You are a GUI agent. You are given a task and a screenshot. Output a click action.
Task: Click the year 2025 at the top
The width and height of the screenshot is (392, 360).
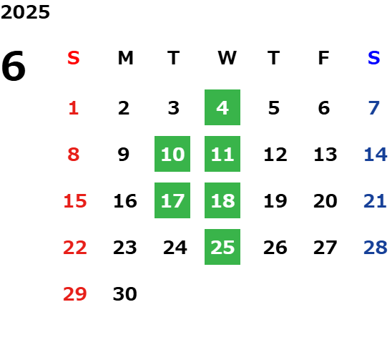pyautogui.click(x=25, y=12)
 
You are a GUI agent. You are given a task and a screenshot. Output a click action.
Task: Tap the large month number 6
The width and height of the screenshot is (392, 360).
pyautogui.click(x=14, y=66)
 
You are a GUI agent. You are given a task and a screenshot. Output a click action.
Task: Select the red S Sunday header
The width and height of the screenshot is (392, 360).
pyautogui.click(x=74, y=58)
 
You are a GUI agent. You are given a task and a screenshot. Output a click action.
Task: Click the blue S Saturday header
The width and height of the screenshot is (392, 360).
pyautogui.click(x=373, y=58)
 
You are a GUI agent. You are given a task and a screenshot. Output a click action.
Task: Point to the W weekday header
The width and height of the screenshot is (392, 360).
pyautogui.click(x=227, y=58)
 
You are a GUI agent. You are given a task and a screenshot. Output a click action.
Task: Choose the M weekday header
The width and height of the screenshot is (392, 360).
pyautogui.click(x=125, y=58)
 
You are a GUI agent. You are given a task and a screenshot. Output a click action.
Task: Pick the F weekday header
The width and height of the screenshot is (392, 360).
pyautogui.click(x=324, y=58)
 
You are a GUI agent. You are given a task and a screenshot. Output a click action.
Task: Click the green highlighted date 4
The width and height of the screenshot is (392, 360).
pyautogui.click(x=222, y=107)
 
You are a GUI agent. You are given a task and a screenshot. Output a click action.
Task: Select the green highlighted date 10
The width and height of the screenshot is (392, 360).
pyautogui.click(x=172, y=154)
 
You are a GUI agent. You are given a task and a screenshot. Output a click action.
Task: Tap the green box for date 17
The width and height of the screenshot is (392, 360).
pyautogui.click(x=172, y=200)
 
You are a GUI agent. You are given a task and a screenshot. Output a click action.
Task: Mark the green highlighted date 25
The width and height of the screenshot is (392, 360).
pyautogui.click(x=222, y=247)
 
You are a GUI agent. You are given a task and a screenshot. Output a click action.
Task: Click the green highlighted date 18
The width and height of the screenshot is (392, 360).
pyautogui.click(x=222, y=200)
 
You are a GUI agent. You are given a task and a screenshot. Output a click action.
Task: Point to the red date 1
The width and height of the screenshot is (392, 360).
pyautogui.click(x=74, y=108)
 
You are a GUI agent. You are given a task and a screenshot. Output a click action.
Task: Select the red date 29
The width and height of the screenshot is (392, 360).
pyautogui.click(x=75, y=294)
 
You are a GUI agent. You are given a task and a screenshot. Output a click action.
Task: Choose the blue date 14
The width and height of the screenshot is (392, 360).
pyautogui.click(x=376, y=155)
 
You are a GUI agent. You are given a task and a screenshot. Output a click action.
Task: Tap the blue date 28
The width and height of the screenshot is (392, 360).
pyautogui.click(x=376, y=248)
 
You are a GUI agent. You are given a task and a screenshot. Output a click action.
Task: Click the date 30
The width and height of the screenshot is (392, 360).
pyautogui.click(x=125, y=294)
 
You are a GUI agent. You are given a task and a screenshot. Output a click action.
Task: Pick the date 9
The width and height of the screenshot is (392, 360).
pyautogui.click(x=124, y=155)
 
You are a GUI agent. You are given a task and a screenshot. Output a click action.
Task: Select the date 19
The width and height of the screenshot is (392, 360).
pyautogui.click(x=275, y=201)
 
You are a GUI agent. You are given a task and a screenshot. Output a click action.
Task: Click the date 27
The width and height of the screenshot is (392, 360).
pyautogui.click(x=325, y=248)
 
